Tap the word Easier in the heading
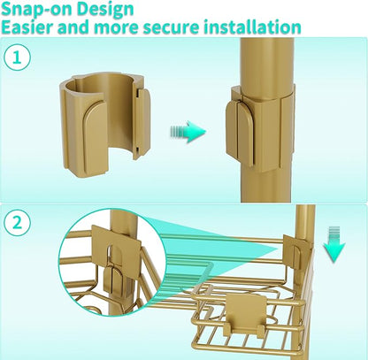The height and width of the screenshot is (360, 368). pyautogui.click(x=27, y=27)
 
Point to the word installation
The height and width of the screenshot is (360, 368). pyautogui.click(x=252, y=27)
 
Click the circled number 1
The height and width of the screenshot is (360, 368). pyautogui.click(x=17, y=57)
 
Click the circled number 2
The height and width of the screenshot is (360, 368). pyautogui.click(x=17, y=223)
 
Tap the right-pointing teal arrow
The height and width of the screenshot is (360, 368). pyautogui.click(x=188, y=132)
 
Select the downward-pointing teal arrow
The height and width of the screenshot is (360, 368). pyautogui.click(x=333, y=244)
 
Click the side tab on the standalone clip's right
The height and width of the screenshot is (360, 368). pyautogui.click(x=142, y=124)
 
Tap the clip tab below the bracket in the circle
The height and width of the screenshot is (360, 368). pyautogui.click(x=112, y=280)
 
